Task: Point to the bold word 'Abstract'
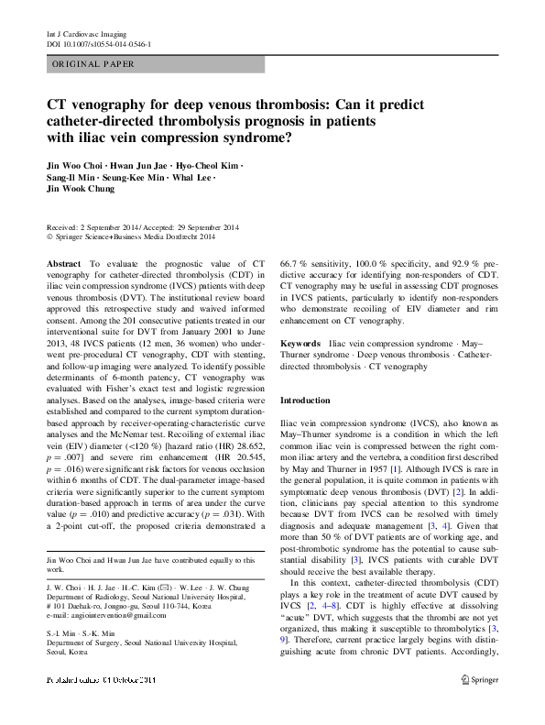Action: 63,263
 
